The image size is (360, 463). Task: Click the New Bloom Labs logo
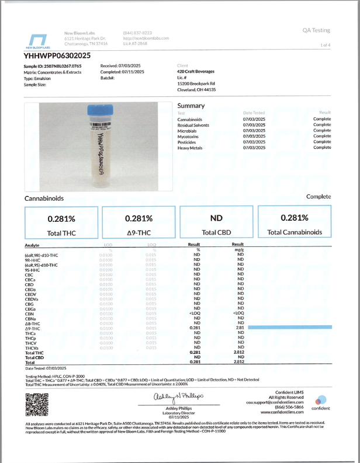37,39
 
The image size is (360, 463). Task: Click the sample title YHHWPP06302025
57,55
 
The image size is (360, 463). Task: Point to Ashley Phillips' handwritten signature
175,397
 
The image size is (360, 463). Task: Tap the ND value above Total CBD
216,218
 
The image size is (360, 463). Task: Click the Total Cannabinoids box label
295,232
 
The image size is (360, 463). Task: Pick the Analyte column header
32,245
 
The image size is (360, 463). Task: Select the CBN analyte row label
29,314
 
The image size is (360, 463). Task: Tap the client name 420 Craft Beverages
195,72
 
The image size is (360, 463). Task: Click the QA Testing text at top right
316,30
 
